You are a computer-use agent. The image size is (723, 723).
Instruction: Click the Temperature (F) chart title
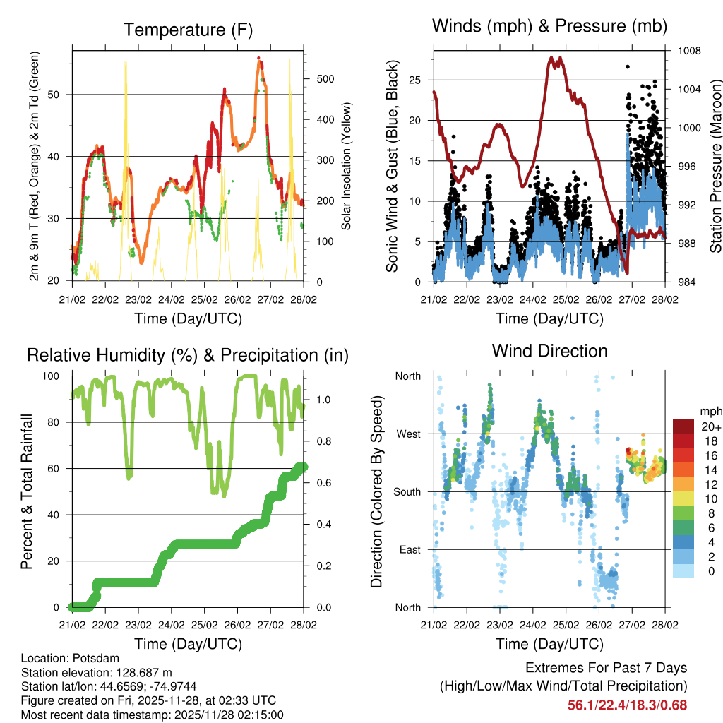(x=188, y=30)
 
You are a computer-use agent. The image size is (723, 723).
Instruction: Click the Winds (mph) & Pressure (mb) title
(x=549, y=26)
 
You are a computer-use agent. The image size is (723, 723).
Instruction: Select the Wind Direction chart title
(x=549, y=351)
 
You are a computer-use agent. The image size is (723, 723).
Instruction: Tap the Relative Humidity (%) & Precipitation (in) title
(x=188, y=355)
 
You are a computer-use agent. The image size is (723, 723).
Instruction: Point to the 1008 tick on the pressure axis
(x=690, y=51)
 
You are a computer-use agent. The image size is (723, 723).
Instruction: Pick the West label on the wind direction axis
(x=408, y=434)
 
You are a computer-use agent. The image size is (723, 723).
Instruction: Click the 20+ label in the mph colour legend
(x=711, y=426)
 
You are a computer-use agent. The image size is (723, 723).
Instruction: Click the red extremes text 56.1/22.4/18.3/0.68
(x=627, y=705)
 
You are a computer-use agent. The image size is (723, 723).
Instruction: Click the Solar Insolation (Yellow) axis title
(x=347, y=166)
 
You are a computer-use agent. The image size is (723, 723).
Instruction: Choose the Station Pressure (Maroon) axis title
(x=715, y=166)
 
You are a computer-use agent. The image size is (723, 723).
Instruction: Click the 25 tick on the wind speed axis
(x=417, y=80)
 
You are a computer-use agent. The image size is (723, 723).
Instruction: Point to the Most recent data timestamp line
(x=153, y=715)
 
